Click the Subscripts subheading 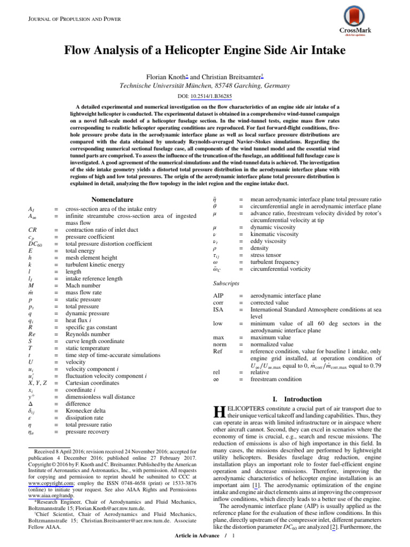point(226,283)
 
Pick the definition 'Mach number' point(83,285)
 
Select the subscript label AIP point(218,295)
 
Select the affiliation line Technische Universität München point(204,85)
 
